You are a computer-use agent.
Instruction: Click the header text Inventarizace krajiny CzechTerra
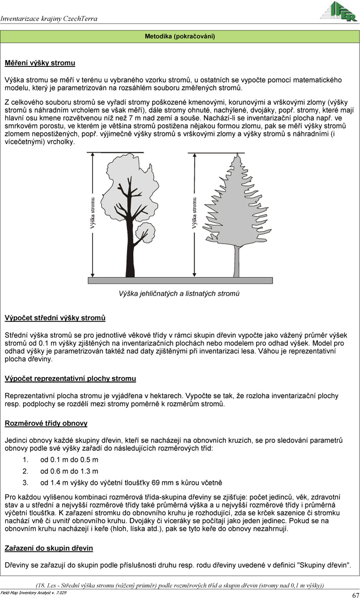coord(49,18)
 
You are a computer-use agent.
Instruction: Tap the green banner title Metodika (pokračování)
coord(180,37)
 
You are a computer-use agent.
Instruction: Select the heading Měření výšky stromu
coord(40,63)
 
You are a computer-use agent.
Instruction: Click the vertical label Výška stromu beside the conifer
coord(194,213)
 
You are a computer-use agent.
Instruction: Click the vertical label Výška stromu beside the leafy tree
coord(93,213)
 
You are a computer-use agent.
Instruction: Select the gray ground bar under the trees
coord(180,280)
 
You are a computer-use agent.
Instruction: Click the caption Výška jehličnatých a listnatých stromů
coord(179,294)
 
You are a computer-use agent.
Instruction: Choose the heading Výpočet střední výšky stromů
coord(55,318)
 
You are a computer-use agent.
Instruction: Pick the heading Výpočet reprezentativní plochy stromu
coord(70,379)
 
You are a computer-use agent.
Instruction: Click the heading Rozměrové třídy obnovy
coord(46,423)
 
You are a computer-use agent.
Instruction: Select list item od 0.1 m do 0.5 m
coord(69,460)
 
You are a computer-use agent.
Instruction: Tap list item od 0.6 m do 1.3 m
coord(69,471)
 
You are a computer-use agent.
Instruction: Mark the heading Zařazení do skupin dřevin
coord(49,548)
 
